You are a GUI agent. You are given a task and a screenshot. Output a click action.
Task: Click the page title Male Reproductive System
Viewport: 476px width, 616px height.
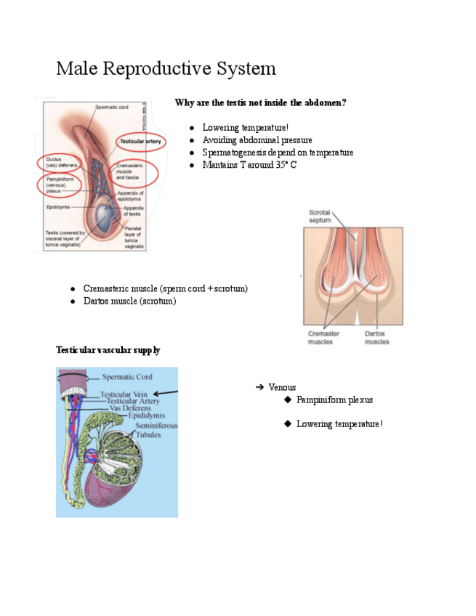(166, 69)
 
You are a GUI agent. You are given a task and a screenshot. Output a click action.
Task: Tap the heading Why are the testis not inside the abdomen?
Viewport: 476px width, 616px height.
(260, 103)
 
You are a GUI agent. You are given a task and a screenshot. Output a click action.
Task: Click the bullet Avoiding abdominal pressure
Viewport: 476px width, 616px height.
(257, 140)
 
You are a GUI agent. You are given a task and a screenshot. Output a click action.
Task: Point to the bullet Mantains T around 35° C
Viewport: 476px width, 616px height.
(249, 165)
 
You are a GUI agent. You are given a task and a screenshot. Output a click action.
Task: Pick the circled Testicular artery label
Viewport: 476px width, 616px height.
(140, 141)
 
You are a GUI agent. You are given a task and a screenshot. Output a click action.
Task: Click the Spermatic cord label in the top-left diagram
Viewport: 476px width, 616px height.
(113, 108)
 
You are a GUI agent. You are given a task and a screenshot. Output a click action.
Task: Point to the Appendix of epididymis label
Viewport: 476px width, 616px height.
(131, 195)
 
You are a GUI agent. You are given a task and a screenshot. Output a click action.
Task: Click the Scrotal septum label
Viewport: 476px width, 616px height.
(319, 216)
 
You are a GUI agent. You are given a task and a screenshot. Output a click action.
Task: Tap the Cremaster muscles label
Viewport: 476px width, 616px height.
(320, 338)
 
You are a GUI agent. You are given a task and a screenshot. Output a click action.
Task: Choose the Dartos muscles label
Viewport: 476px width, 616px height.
(376, 338)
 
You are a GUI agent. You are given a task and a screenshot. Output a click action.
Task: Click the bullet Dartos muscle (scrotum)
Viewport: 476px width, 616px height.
(129, 301)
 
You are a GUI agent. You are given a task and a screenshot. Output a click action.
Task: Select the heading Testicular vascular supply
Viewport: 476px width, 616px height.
(108, 350)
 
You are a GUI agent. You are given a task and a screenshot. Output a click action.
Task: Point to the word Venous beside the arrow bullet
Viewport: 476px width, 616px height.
(282, 387)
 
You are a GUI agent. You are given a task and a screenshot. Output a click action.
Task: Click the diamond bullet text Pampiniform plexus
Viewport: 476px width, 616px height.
(334, 400)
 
